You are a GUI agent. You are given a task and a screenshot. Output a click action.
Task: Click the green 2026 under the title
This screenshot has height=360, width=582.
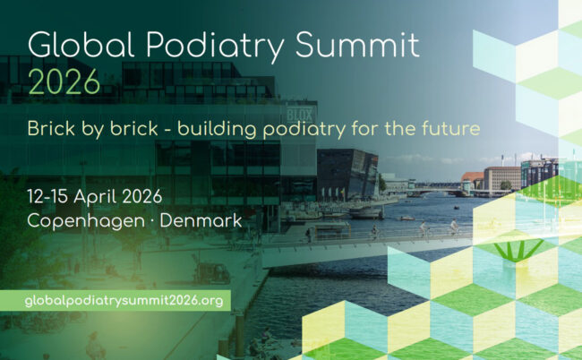click(x=64, y=81)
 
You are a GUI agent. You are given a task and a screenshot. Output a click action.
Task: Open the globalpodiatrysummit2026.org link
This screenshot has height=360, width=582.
click(x=124, y=300)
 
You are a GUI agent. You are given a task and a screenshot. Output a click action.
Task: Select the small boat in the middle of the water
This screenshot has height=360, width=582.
click(x=408, y=218)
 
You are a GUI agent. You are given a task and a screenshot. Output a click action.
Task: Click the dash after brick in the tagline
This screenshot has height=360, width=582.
click(x=167, y=129)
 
